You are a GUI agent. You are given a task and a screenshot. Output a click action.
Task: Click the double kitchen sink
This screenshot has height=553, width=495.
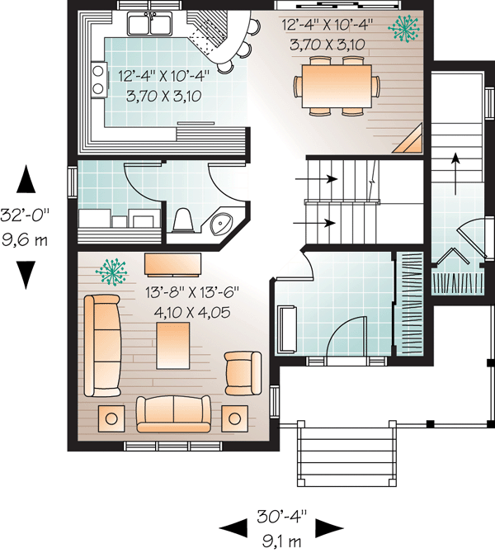click(x=151, y=23)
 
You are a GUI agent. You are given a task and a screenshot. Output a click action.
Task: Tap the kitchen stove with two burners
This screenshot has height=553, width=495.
click(x=99, y=80)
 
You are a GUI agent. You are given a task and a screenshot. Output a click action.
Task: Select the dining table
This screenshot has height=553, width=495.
click(x=337, y=86)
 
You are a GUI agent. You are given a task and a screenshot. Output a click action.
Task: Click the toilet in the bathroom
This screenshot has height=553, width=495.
click(x=183, y=220)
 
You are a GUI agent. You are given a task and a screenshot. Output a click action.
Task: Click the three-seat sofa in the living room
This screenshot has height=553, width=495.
click(x=102, y=346)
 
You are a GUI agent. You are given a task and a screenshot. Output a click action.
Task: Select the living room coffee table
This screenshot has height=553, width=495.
click(x=172, y=346)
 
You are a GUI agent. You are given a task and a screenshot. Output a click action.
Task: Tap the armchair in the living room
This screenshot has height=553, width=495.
click(x=243, y=373)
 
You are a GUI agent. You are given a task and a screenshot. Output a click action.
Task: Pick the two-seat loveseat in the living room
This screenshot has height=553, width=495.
click(x=173, y=414)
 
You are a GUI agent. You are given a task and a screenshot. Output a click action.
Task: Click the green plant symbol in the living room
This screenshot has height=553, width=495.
click(x=111, y=272)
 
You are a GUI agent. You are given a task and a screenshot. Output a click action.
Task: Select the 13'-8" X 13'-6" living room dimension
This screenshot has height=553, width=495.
click(x=192, y=293)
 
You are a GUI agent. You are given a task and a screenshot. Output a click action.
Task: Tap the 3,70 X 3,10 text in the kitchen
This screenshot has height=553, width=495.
click(x=163, y=96)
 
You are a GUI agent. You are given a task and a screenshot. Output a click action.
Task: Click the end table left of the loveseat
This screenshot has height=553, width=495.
click(x=111, y=418)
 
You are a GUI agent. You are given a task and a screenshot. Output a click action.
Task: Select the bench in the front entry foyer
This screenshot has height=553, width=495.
click(x=288, y=329)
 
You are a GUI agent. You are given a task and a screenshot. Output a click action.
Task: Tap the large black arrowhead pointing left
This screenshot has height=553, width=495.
click(x=233, y=528)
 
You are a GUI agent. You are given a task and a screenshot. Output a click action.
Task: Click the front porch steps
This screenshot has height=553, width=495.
click(x=347, y=453)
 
